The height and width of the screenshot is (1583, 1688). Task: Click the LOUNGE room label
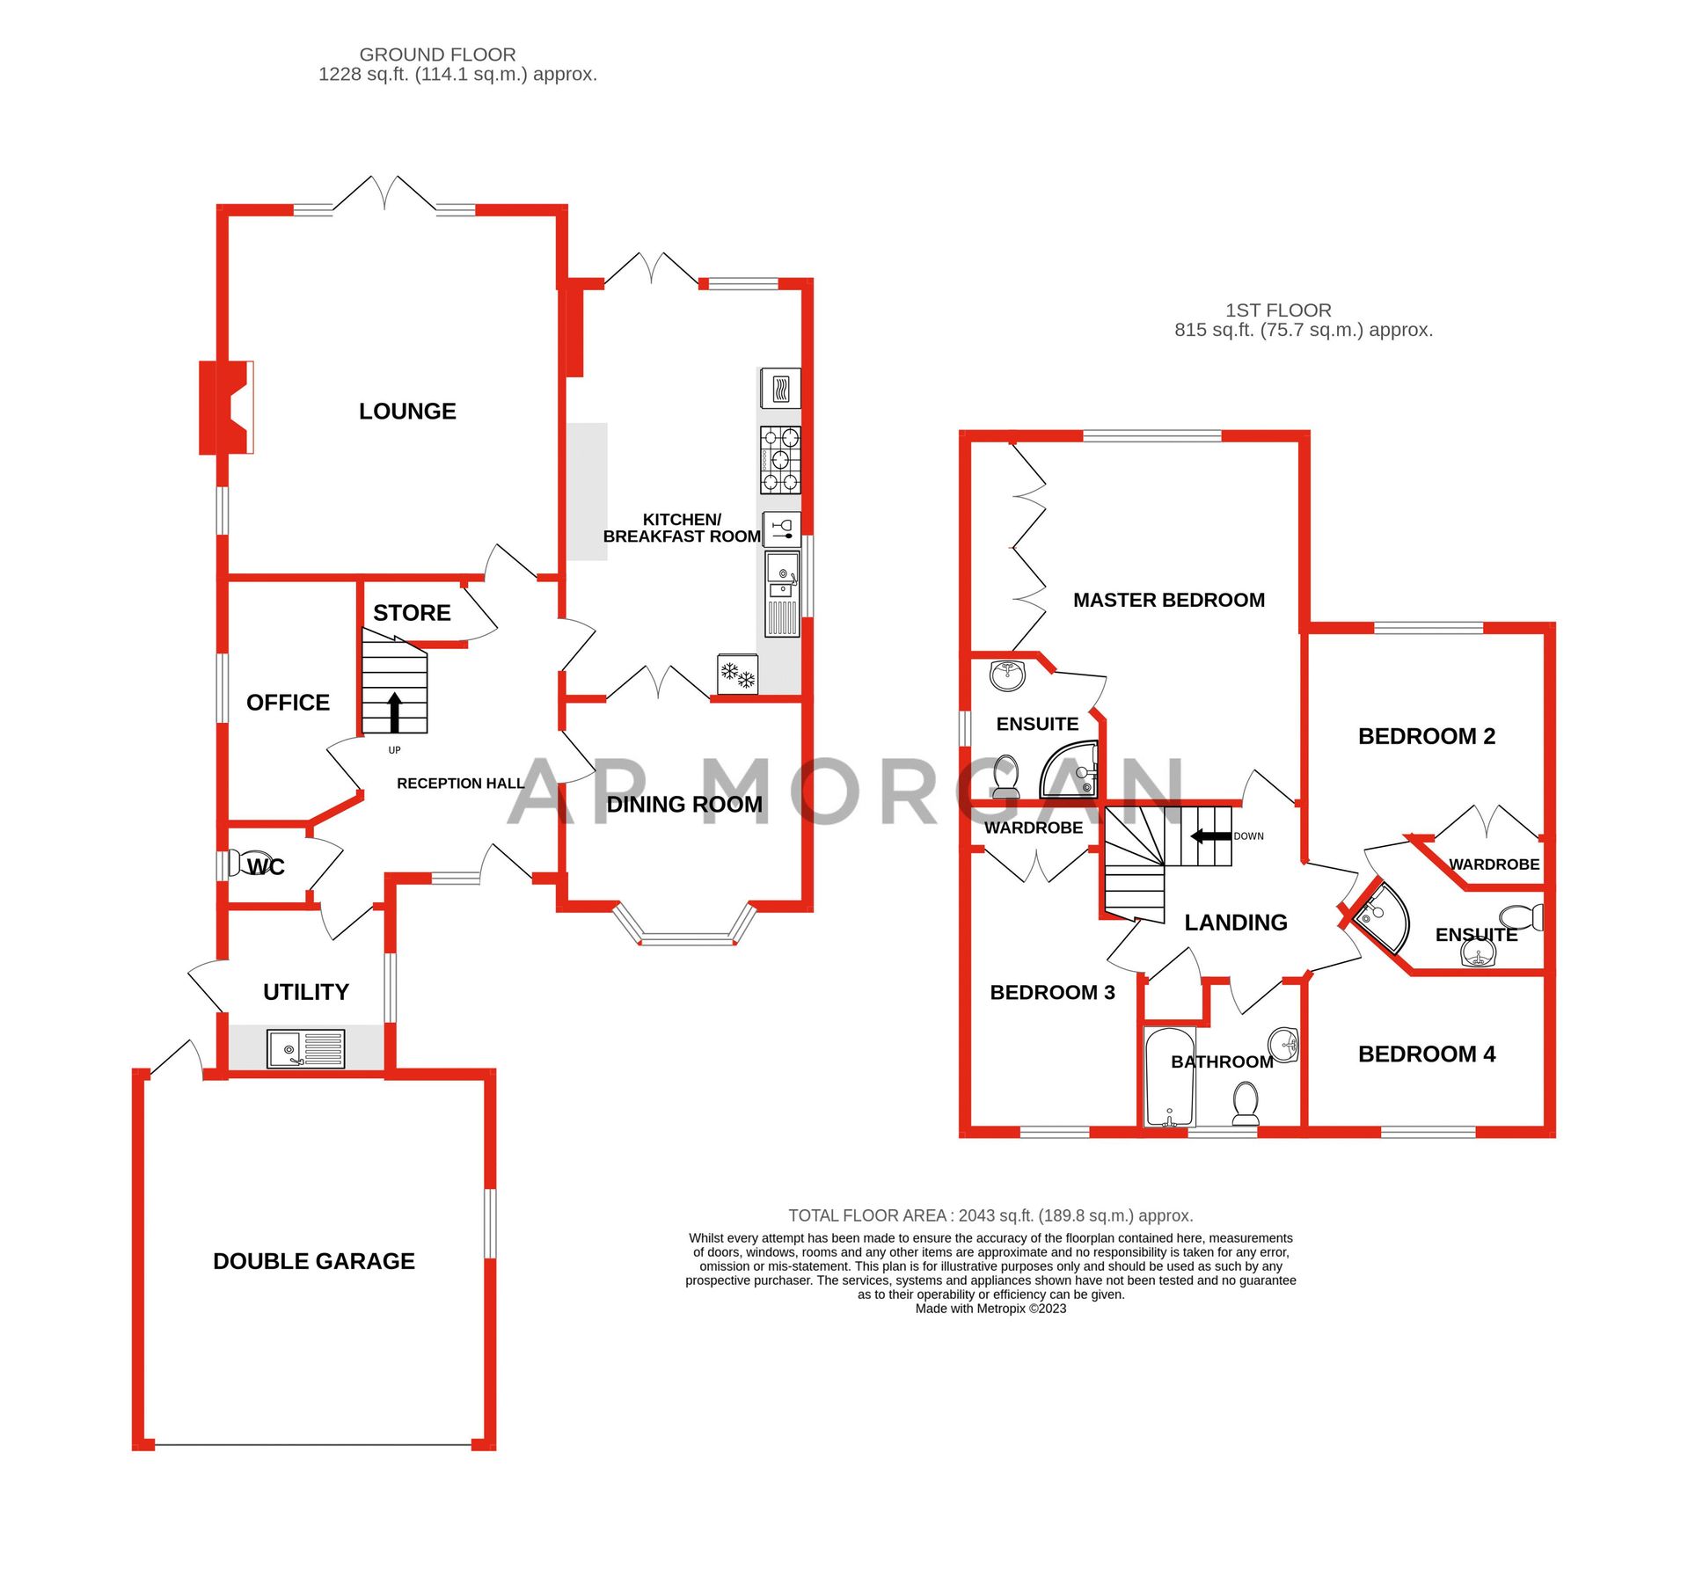point(407,412)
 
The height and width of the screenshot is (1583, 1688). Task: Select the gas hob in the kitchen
point(780,460)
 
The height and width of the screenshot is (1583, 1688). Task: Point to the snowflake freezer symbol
point(738,675)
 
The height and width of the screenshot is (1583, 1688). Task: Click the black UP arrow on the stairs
point(395,711)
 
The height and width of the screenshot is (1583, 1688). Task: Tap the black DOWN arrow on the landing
point(1211,835)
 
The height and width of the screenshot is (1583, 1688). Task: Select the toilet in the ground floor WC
point(250,863)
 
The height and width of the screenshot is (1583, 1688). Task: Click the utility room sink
point(305,1049)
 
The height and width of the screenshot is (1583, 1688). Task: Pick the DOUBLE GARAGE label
point(314,1261)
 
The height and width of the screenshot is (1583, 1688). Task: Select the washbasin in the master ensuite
point(1008,675)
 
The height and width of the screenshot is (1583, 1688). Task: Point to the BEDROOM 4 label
point(1426,1054)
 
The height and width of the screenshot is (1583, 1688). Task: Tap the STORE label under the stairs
point(412,613)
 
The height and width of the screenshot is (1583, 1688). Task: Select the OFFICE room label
point(288,703)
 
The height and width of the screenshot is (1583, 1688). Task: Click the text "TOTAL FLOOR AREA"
point(867,1215)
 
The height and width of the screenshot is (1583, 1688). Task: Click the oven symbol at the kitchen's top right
point(780,387)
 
